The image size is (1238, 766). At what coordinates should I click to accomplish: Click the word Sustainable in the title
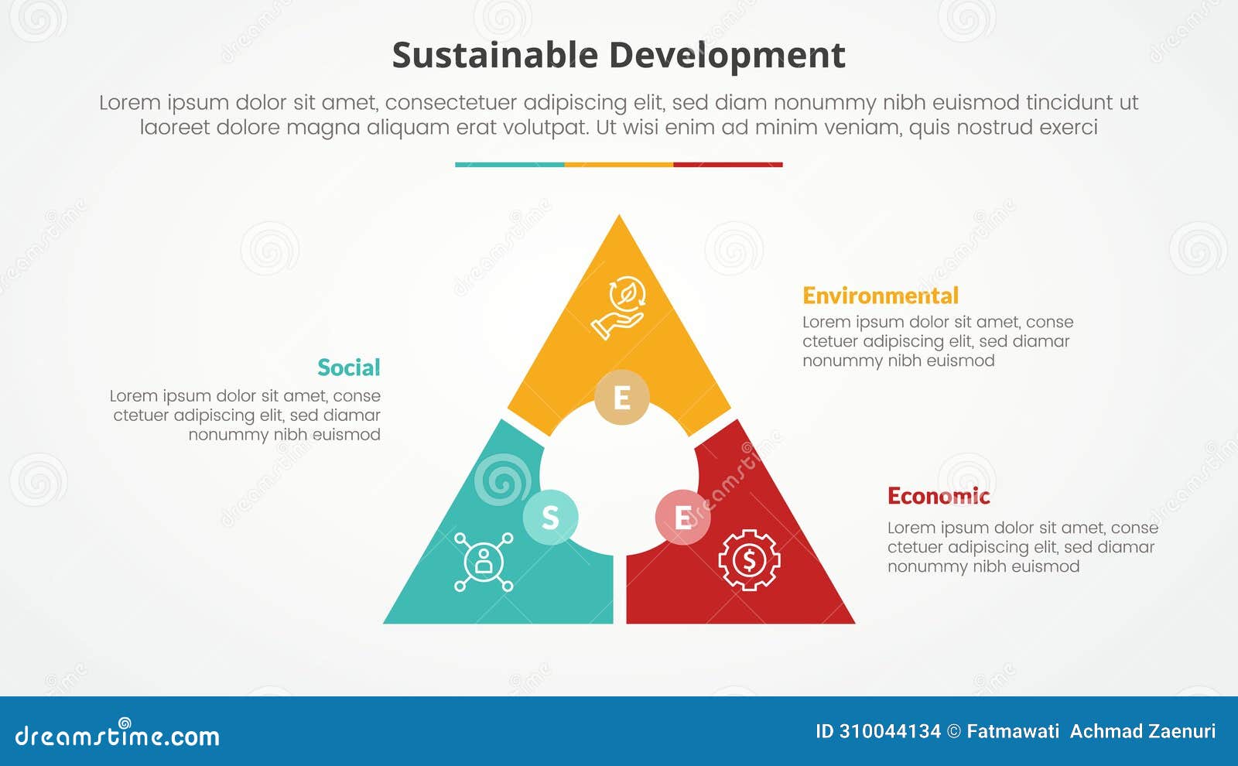494,56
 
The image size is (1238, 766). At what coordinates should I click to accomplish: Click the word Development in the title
727,56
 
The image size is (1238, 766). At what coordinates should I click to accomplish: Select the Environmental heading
880,296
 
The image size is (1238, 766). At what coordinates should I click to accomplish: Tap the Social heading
348,368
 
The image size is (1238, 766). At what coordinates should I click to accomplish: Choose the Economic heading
938,496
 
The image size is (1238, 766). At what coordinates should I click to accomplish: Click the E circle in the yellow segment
621,398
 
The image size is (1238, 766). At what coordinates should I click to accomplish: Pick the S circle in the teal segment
550,517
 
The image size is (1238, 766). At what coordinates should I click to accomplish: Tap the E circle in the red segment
682,517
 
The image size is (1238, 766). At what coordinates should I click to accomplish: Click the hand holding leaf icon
619,307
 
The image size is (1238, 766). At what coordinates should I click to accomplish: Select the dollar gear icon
748,559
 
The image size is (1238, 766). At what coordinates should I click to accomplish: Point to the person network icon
484,562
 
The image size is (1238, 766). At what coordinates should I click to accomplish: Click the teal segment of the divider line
509,165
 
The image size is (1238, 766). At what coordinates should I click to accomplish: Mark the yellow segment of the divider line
619,165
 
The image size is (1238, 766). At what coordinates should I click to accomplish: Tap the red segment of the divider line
728,165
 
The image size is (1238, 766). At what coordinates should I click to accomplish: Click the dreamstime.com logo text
118,734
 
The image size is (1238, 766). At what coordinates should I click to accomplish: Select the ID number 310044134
890,731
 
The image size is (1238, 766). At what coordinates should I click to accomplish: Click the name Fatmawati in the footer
1012,731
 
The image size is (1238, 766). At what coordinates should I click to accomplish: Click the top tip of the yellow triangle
619,220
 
